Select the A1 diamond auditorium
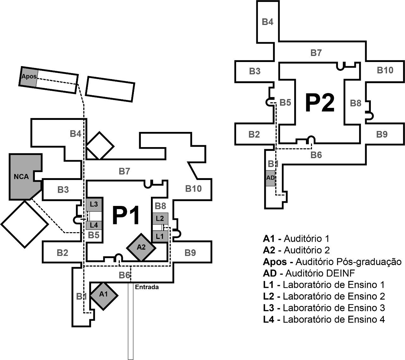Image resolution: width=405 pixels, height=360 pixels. point(103,295)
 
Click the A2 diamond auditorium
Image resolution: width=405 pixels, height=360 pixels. point(141,247)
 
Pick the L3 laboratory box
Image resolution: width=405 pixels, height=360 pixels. point(94,204)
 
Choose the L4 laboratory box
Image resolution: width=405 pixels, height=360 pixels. point(94,225)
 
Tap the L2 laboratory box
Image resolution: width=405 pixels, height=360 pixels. point(160,218)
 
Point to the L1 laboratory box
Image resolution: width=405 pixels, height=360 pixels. point(160,236)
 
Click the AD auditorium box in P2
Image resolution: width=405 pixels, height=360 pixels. point(270,178)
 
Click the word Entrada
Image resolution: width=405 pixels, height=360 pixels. point(147,287)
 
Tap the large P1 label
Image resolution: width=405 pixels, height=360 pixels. point(126,216)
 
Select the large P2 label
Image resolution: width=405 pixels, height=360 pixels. point(320,103)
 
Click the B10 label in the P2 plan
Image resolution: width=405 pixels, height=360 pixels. point(385,70)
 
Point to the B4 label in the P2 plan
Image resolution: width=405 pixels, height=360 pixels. point(268,22)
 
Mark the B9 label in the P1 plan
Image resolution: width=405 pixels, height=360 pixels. point(190,253)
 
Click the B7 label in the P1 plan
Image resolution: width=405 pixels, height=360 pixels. point(124,171)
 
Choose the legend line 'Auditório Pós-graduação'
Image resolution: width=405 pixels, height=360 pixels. point(332,262)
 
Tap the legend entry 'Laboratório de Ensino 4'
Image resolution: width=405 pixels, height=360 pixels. point(324,320)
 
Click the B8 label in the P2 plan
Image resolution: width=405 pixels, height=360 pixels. point(356,103)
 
